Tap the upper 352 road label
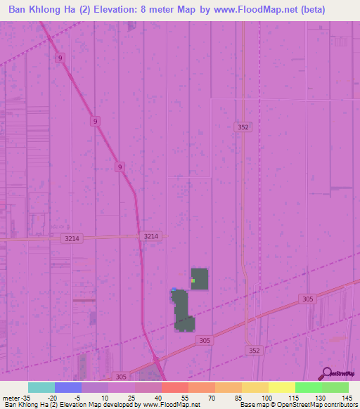coord(243,127)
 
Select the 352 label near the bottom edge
coord(255,350)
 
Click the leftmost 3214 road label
coord(72,239)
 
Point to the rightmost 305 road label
coord(307,299)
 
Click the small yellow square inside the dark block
coord(193,280)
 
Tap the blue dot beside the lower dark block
coord(173,290)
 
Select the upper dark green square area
coord(200,278)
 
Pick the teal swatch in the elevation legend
coord(41,387)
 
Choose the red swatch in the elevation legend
coord(174,387)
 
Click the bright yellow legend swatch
coord(281,387)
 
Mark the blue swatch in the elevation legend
coord(67,387)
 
